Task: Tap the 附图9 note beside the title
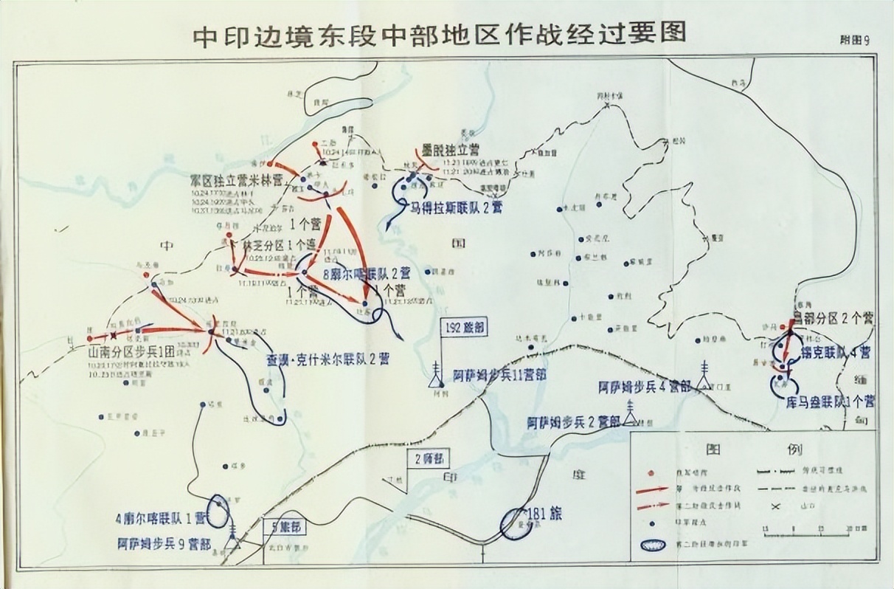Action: point(855,41)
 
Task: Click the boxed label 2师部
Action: point(432,458)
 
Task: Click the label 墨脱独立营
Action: point(451,148)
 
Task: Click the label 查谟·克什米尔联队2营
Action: point(328,359)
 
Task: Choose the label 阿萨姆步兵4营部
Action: point(646,386)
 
